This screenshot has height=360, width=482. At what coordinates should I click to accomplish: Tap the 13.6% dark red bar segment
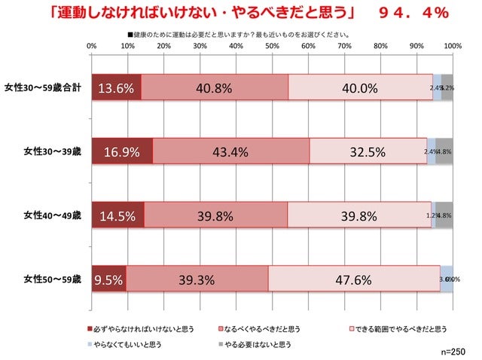116,87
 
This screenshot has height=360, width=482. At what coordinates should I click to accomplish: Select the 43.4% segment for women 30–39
231,151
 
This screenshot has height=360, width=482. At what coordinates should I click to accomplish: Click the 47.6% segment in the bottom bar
353,279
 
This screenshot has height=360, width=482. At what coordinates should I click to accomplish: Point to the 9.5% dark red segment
108,279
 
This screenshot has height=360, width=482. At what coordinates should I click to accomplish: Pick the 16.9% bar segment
122,151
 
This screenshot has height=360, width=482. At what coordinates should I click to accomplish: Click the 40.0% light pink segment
360,87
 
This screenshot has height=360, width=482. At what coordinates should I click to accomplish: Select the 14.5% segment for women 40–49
117,215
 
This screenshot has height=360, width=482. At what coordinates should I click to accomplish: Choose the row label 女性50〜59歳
47,279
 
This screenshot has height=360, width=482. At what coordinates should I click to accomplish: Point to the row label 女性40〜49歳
47,215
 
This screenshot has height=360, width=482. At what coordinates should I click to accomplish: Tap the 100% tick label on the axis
452,47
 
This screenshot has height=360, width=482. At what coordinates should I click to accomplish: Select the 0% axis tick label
92,47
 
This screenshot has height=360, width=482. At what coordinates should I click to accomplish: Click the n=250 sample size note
456,352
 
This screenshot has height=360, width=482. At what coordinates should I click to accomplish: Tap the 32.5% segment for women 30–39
368,151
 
